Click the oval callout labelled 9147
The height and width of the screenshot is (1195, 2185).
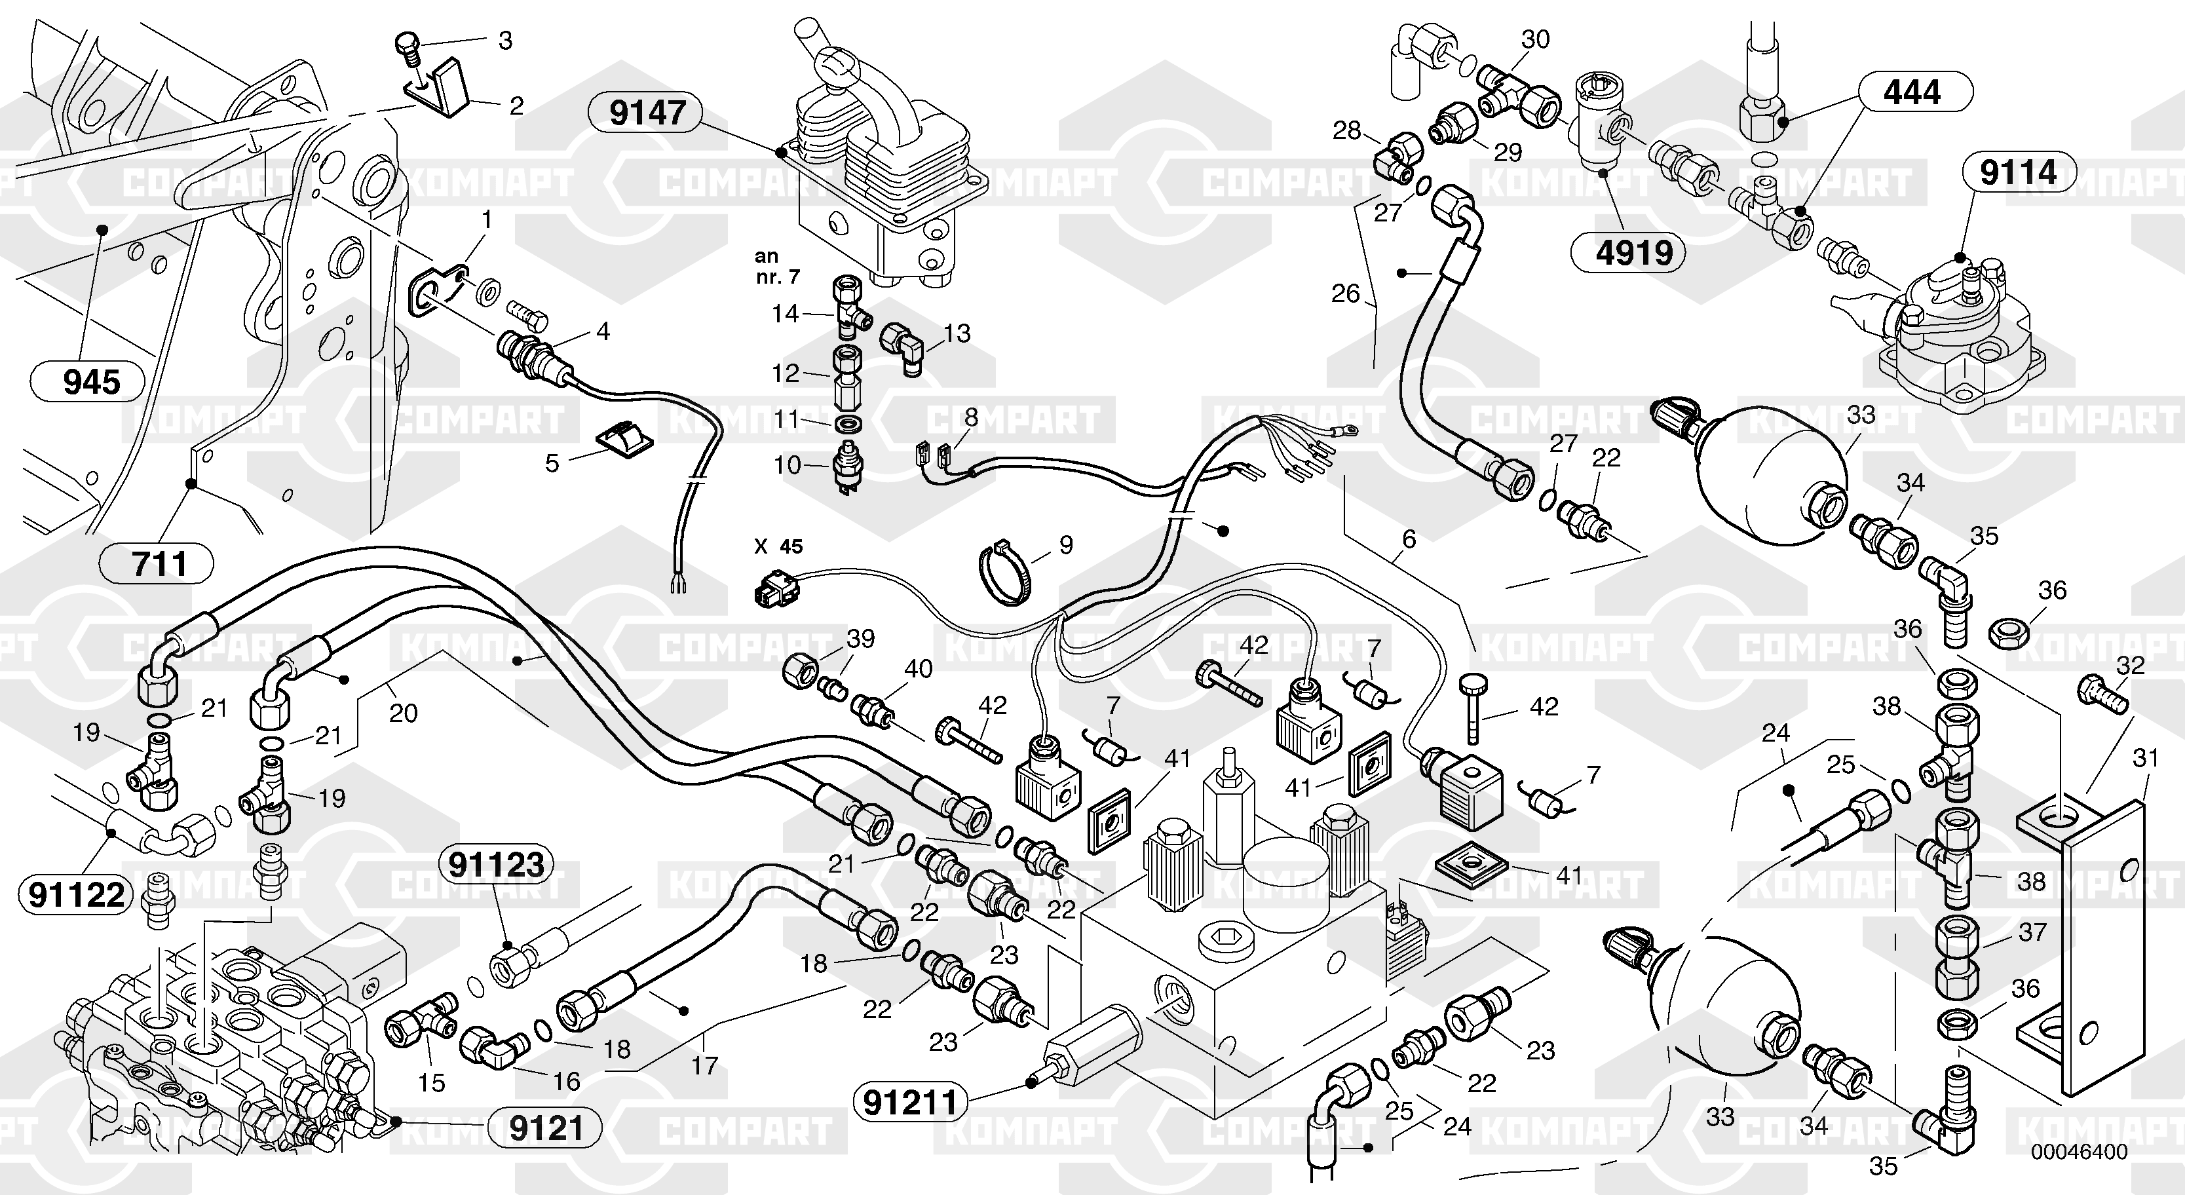click(647, 113)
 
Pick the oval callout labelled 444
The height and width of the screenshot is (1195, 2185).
click(1911, 92)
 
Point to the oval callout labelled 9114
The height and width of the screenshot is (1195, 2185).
click(2018, 173)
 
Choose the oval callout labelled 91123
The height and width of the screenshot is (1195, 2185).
click(496, 865)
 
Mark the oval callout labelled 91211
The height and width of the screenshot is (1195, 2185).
click(909, 1103)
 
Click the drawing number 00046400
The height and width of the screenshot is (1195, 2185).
click(2079, 1152)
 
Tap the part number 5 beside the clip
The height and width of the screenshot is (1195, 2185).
click(552, 463)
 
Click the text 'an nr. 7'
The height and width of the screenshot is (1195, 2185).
click(777, 266)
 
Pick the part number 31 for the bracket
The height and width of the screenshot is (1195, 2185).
click(2144, 757)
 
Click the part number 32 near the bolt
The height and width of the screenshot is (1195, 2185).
click(2130, 665)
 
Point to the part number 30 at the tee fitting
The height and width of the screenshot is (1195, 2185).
click(1535, 39)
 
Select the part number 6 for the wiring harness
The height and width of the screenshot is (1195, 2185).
click(1409, 538)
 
